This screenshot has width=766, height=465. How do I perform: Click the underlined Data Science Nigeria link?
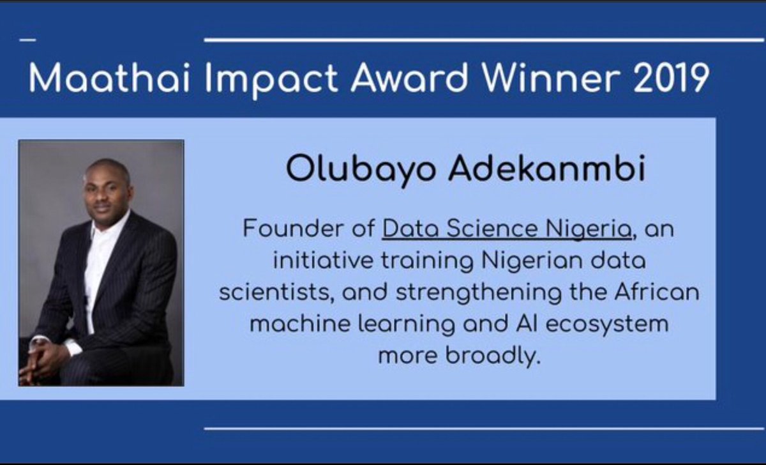point(507,229)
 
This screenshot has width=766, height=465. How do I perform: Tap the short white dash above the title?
point(28,40)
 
